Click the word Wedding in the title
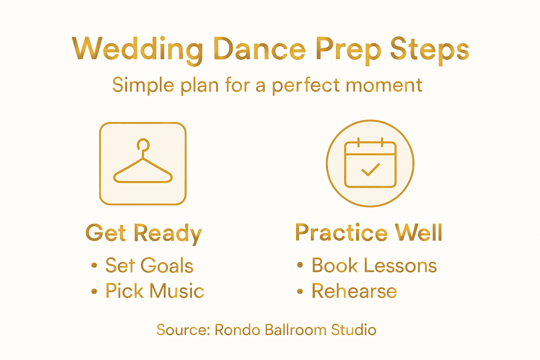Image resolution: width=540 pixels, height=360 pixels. click(x=137, y=50)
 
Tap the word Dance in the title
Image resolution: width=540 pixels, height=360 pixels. click(x=259, y=49)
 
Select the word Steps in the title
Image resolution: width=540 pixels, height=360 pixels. click(x=429, y=50)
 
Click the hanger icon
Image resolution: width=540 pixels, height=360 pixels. click(x=143, y=164)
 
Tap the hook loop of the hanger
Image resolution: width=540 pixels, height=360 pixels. click(x=143, y=144)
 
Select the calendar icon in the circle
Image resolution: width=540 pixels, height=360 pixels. click(x=370, y=164)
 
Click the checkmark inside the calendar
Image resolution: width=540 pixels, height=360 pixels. click(x=371, y=170)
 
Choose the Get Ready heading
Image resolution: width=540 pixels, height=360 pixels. click(x=144, y=233)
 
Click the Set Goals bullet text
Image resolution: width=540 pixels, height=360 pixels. click(x=149, y=265)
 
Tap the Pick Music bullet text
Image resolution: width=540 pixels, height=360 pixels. click(x=155, y=291)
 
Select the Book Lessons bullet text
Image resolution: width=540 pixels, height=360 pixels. click(x=374, y=265)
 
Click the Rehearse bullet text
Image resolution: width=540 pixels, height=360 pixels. click(x=354, y=291)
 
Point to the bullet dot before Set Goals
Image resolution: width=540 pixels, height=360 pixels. click(x=94, y=265)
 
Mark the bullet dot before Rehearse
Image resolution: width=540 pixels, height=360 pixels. click(x=300, y=291)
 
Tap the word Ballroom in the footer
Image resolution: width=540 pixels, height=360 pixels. click(x=296, y=330)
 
